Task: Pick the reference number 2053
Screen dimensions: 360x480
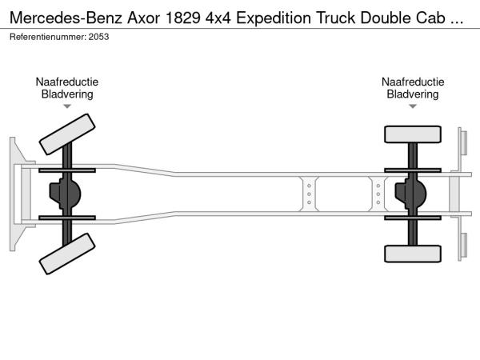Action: click(99, 37)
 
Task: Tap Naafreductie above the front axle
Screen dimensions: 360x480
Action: click(67, 82)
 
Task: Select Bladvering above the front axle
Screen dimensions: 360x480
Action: click(67, 94)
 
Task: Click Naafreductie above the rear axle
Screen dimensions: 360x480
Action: click(413, 82)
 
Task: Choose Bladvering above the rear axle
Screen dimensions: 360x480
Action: click(413, 94)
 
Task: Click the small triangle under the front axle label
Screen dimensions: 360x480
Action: click(67, 106)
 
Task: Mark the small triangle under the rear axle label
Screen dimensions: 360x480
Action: click(413, 106)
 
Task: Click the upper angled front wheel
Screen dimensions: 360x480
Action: click(66, 134)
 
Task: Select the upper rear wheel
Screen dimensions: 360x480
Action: click(413, 134)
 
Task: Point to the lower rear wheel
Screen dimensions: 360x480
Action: click(413, 254)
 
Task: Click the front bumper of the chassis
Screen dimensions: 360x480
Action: click(16, 194)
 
